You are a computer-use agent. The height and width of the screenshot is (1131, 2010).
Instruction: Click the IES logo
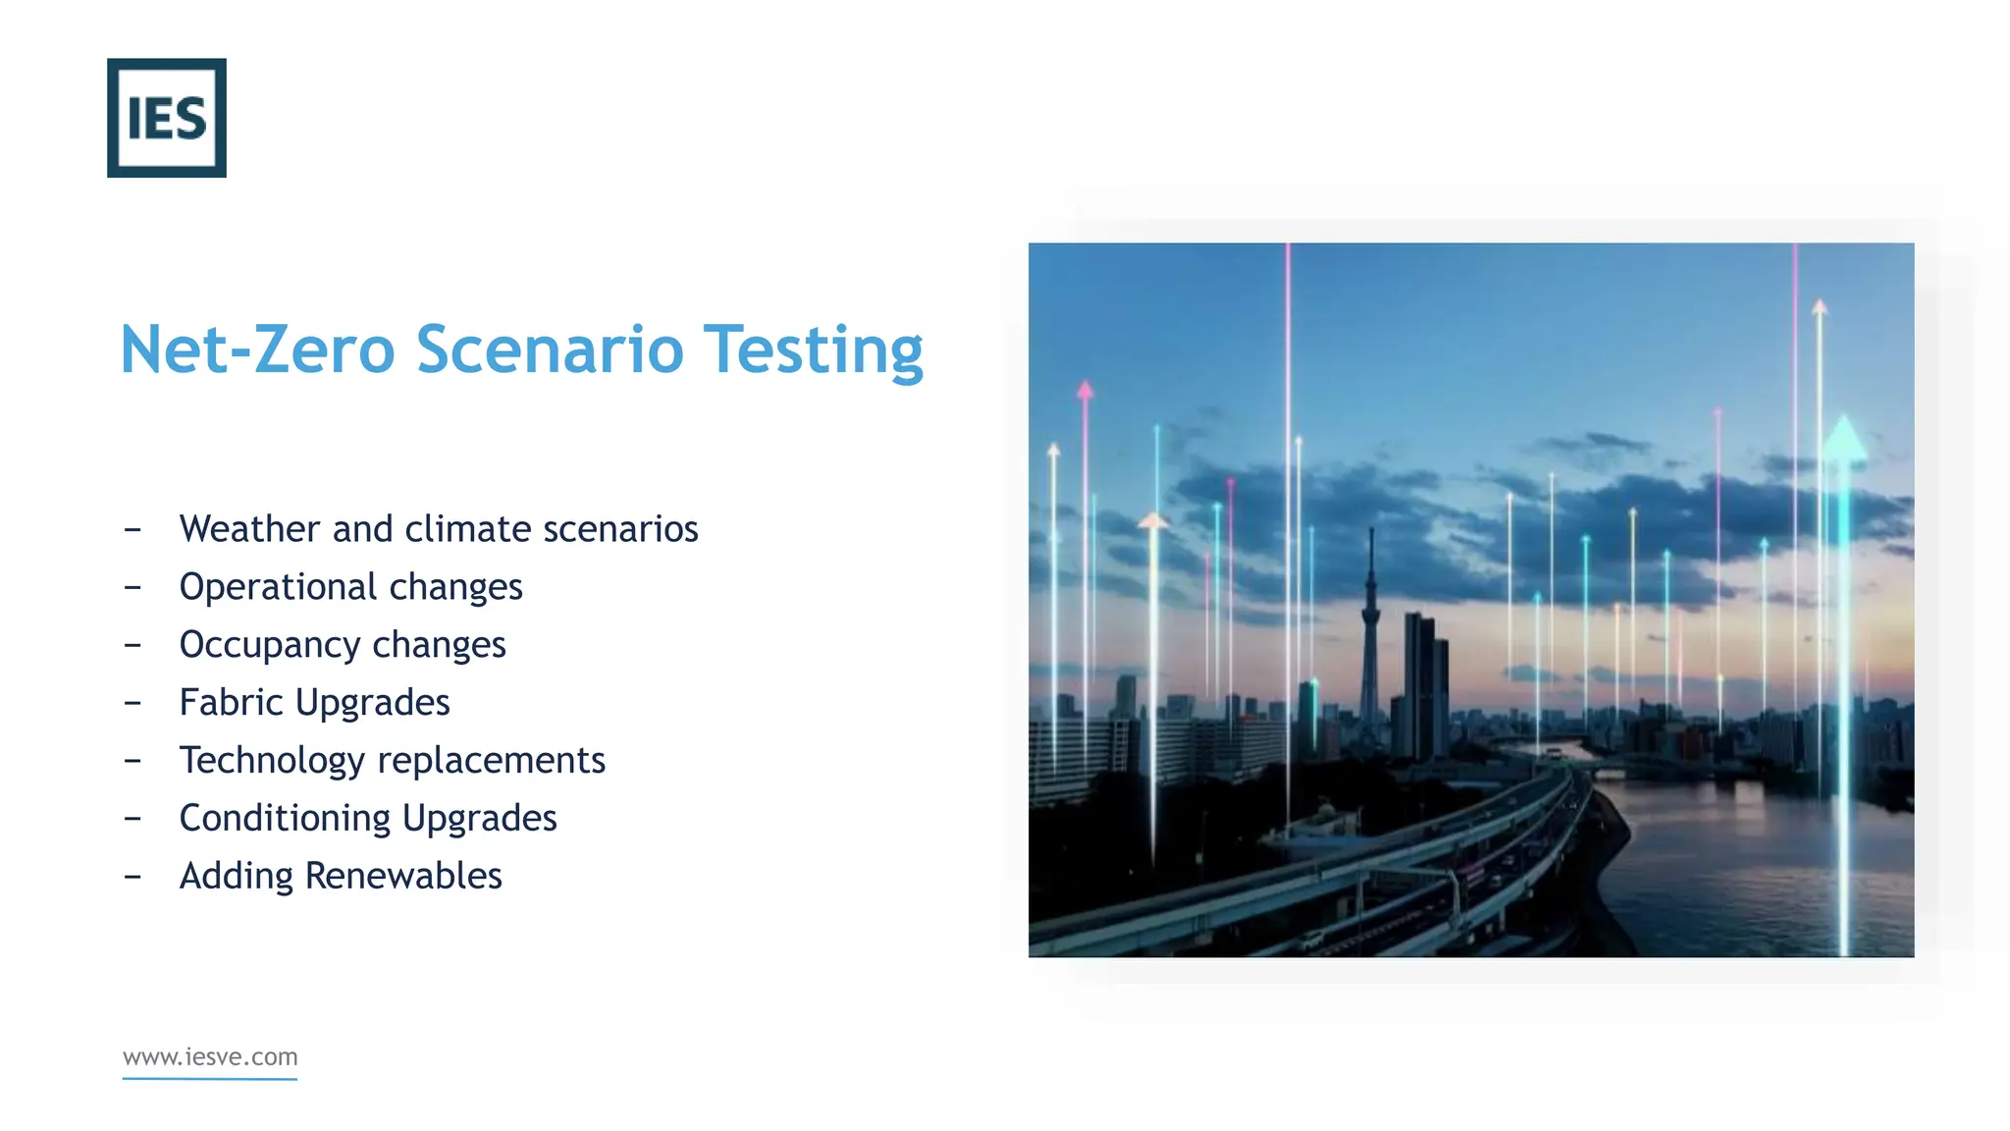pyautogui.click(x=167, y=118)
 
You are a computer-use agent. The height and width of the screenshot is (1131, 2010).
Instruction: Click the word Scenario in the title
pyautogui.click(x=550, y=350)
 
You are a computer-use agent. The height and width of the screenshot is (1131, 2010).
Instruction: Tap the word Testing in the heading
pyautogui.click(x=814, y=350)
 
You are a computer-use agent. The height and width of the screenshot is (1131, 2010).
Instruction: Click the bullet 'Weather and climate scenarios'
pyautogui.click(x=439, y=529)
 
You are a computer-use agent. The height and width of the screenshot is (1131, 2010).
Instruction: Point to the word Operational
pyautogui.click(x=278, y=587)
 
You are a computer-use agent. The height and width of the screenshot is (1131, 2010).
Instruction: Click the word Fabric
pyautogui.click(x=232, y=703)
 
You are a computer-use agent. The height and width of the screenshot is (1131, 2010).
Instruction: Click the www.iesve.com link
pyautogui.click(x=210, y=1057)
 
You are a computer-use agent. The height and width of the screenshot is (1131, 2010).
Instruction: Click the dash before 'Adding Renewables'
pyautogui.click(x=132, y=876)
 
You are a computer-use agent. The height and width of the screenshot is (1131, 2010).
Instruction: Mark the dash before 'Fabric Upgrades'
pyautogui.click(x=132, y=703)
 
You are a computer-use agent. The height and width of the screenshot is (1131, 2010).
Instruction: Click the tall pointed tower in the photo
pyautogui.click(x=1371, y=638)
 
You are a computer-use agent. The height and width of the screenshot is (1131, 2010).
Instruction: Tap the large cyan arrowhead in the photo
pyautogui.click(x=1844, y=438)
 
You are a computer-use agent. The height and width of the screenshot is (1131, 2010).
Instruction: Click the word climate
pyautogui.click(x=468, y=529)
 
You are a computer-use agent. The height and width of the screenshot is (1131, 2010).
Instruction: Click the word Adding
pyautogui.click(x=236, y=876)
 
